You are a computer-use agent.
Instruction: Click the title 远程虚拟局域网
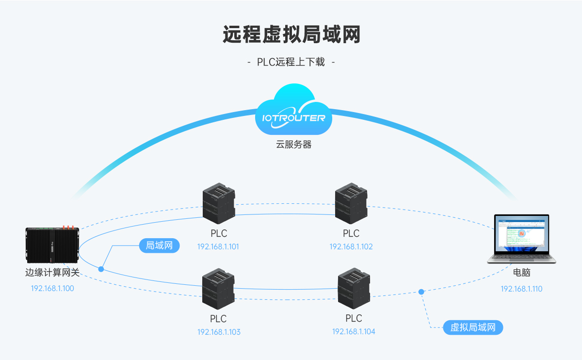291,35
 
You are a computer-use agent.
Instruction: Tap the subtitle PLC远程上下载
291,62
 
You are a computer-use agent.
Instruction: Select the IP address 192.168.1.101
218,246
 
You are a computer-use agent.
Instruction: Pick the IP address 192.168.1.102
351,246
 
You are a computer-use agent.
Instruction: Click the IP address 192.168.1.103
219,332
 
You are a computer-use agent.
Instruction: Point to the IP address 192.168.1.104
354,331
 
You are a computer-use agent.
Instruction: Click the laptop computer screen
521,234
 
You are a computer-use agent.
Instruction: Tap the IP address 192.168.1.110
521,289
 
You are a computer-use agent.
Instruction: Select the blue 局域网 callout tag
159,245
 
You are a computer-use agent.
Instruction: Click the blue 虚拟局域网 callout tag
473,327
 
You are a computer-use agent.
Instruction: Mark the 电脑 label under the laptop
521,273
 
